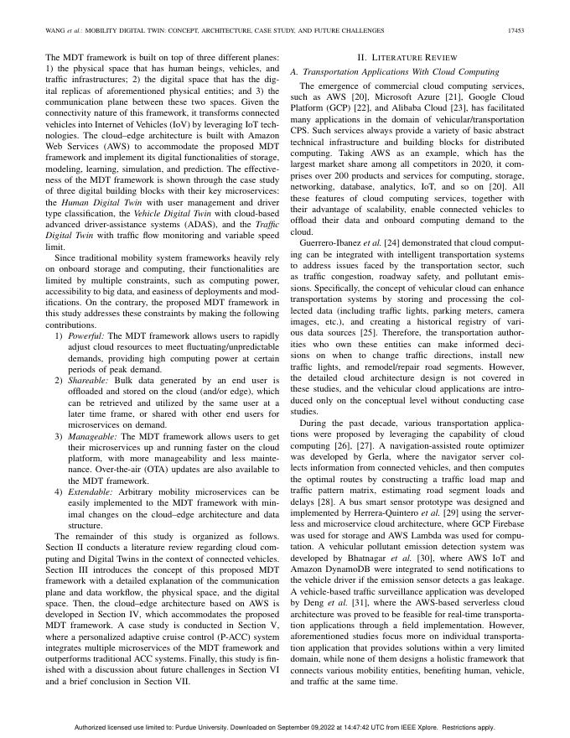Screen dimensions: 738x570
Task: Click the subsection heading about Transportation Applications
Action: click(x=394, y=72)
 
